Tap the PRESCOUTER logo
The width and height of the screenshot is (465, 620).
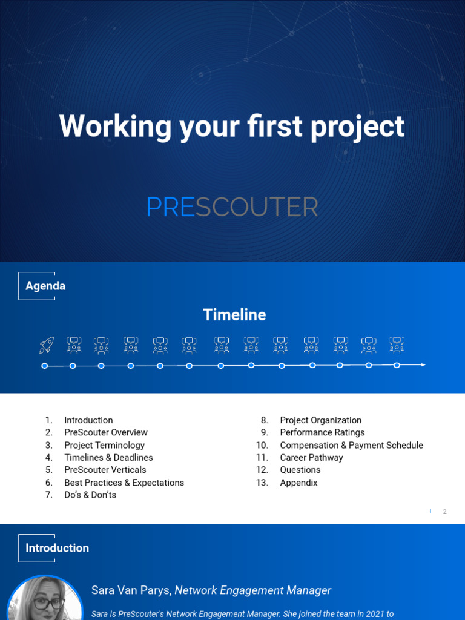tap(232, 208)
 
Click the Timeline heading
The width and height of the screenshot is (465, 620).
tap(234, 315)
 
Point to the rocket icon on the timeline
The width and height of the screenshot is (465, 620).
tap(47, 345)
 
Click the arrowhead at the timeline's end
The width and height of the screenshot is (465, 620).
tap(423, 364)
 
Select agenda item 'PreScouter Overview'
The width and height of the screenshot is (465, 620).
tap(106, 432)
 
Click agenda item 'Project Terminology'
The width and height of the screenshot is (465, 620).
tap(105, 445)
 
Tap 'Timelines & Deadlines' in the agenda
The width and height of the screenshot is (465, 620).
tap(108, 458)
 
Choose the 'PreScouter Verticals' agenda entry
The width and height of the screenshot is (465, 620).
tap(105, 470)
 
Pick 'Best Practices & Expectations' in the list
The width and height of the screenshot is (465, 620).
tap(124, 483)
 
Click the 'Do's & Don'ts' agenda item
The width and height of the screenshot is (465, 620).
tap(90, 495)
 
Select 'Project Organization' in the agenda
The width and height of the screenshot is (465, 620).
tap(321, 420)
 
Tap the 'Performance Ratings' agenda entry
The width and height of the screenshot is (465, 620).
tap(322, 432)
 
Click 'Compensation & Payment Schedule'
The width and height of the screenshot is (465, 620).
tap(351, 445)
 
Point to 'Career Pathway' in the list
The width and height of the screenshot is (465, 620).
tap(311, 458)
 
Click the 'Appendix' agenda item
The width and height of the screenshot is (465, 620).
tap(298, 483)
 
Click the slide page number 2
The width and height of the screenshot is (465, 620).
tap(444, 512)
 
